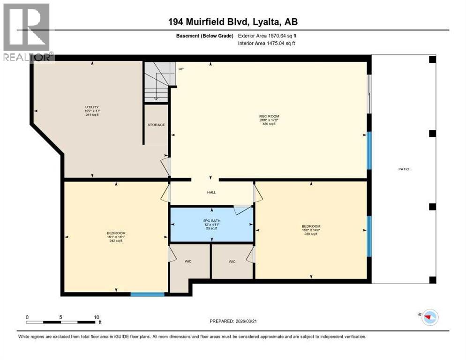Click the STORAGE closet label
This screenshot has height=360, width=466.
(x=156, y=125)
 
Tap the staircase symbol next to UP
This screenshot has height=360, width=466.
(x=158, y=82)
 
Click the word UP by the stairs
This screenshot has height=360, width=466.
(x=180, y=69)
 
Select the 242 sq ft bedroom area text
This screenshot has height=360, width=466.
(x=115, y=241)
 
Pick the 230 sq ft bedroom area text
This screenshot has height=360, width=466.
(x=311, y=234)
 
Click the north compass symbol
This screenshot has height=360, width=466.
(x=429, y=317)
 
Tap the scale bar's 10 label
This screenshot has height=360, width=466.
(x=96, y=317)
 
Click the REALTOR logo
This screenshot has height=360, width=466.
(x=27, y=33)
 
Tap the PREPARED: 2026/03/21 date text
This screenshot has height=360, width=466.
(x=234, y=321)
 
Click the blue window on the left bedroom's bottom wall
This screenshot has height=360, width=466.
(x=147, y=294)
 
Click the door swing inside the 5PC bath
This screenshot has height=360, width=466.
(x=242, y=210)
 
